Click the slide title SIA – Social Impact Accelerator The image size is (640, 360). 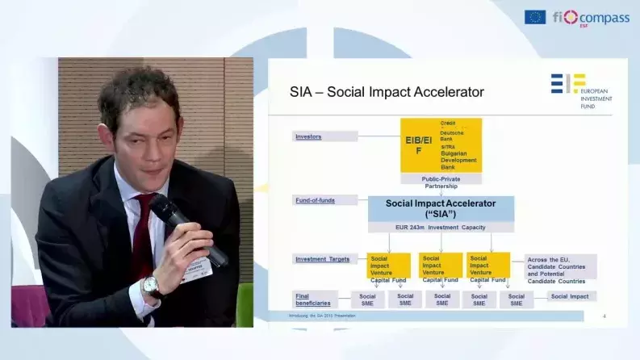[x=387, y=92]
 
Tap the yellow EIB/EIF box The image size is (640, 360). [x=441, y=145]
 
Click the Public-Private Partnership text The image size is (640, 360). [x=441, y=182]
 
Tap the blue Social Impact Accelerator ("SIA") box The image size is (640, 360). [x=441, y=208]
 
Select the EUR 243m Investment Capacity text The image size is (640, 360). [x=441, y=228]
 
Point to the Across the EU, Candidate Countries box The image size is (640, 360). [x=561, y=267]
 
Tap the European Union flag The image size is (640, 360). [x=534, y=17]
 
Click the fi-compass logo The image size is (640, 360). [x=591, y=17]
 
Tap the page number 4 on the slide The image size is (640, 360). [x=604, y=316]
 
